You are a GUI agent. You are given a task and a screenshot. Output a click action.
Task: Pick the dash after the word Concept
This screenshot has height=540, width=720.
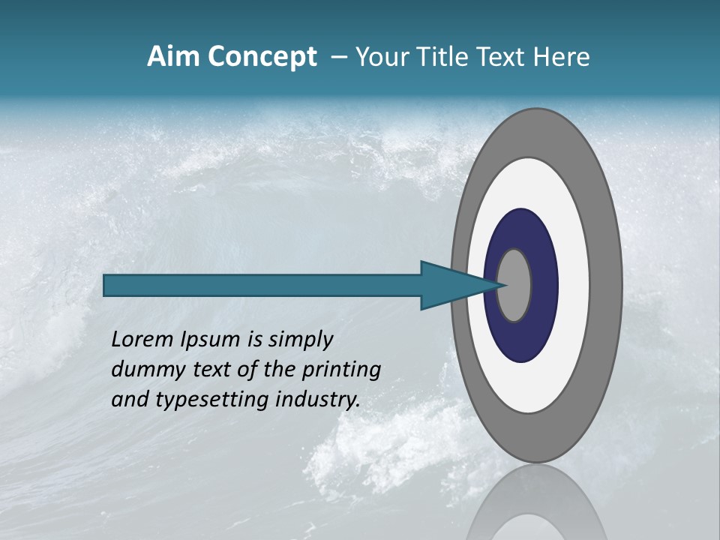pos(337,57)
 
